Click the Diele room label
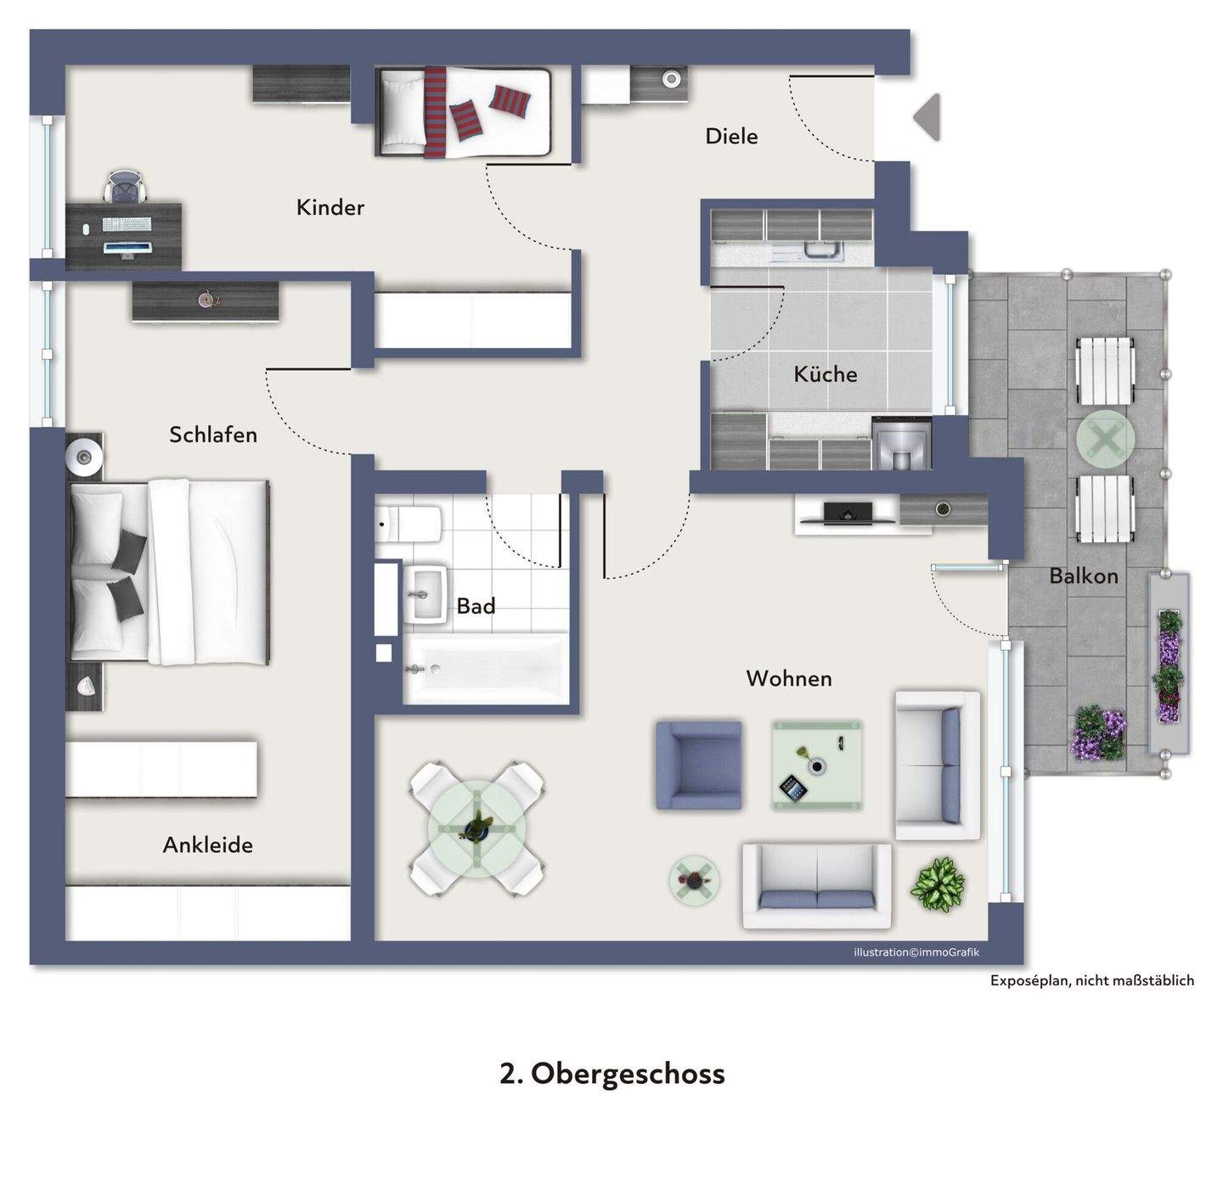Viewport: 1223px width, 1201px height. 731,136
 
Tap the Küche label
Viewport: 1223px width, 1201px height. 825,373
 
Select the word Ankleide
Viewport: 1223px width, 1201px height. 207,845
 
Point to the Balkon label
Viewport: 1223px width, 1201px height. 1084,575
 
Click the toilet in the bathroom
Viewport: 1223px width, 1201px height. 408,524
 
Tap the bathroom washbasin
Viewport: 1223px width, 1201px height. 426,595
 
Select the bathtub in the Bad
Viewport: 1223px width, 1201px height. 486,668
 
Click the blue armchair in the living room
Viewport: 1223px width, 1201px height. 698,765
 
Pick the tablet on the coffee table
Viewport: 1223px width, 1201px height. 793,788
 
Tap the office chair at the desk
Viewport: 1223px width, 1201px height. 125,186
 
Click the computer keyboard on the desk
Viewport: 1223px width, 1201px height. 127,224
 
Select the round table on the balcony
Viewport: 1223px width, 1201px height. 1105,439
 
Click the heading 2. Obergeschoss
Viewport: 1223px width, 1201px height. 611,1073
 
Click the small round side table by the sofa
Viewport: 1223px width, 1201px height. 694,880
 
